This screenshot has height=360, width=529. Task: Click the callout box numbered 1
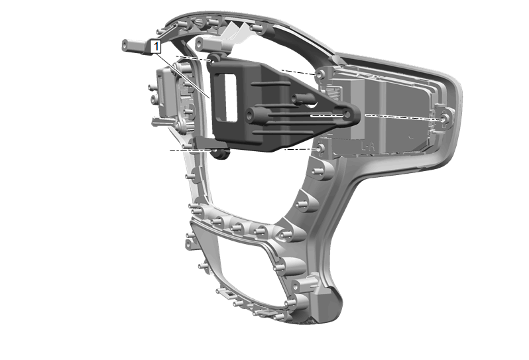[156, 47]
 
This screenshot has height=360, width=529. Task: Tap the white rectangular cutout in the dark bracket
[231, 98]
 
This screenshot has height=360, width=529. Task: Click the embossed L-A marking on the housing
[368, 147]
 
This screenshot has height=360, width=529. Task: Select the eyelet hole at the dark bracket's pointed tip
[347, 115]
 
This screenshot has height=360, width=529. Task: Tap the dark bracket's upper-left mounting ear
[215, 59]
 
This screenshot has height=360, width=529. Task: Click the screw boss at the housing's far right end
[446, 119]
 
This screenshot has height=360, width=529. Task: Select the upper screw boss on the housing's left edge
[320, 74]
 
